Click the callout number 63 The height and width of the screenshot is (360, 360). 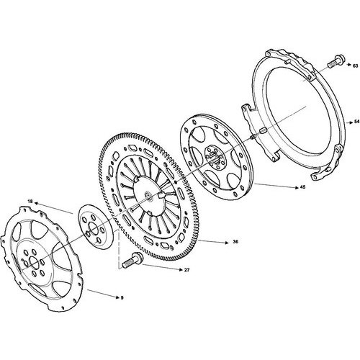355,66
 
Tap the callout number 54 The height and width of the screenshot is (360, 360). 357,122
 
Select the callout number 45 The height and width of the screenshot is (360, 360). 303,187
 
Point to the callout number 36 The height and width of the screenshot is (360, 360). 235,242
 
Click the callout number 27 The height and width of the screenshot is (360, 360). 186,270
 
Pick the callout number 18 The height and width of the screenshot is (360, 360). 30,201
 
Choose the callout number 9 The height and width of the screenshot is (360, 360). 122,298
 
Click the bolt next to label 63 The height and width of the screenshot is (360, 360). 336,61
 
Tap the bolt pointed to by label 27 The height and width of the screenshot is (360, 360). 132,261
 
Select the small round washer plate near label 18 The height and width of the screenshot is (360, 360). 96,226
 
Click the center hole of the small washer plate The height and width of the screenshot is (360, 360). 94,228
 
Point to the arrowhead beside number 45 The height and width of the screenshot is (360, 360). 297,188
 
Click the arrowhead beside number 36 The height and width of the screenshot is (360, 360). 227,243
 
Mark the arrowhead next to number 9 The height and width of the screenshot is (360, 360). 117,297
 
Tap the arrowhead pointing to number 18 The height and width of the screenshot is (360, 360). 36,204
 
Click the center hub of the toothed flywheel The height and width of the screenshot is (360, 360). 148,197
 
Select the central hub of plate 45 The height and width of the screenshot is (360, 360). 215,158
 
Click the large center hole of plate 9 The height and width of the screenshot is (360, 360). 35,263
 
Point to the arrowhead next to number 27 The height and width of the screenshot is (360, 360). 181,269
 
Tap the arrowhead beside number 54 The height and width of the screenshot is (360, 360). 351,122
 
